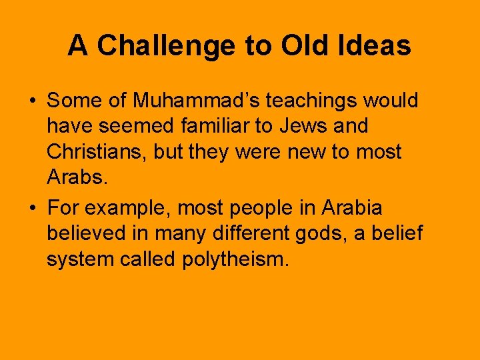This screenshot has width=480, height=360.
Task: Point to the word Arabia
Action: (352, 208)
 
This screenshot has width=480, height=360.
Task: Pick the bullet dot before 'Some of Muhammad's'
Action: (32, 101)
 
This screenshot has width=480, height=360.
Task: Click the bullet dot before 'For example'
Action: (32, 209)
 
